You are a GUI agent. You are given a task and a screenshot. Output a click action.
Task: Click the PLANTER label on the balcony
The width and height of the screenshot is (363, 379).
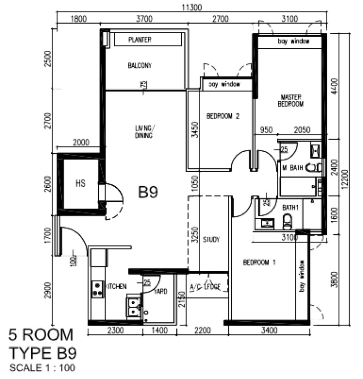click(139, 40)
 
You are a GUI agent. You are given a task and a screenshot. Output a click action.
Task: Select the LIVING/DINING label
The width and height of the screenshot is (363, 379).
click(143, 132)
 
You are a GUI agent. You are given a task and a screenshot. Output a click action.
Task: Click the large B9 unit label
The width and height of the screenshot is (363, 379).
click(148, 193)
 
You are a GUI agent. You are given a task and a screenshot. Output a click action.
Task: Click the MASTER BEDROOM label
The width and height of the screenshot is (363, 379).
click(291, 100)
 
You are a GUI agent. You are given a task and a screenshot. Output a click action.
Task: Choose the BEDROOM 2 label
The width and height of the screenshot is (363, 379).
click(223, 116)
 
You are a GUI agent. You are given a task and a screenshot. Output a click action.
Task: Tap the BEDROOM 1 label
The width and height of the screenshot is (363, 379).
click(259, 262)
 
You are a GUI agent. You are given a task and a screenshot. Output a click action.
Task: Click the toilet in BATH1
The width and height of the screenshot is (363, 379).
click(287, 221)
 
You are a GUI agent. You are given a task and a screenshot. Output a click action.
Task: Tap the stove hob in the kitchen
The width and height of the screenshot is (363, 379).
click(97, 289)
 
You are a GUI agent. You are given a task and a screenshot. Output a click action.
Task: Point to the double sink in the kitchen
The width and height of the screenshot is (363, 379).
click(133, 306)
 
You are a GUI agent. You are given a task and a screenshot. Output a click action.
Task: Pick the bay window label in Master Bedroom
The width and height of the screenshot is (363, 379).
click(294, 41)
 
